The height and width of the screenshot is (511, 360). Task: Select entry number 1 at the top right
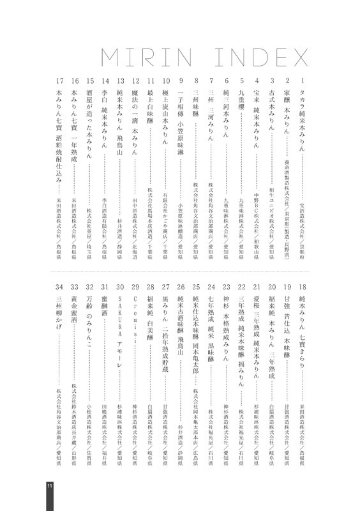point(302,81)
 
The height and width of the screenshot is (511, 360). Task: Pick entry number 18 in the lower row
point(302,287)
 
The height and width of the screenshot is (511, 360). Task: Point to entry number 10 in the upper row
point(165,81)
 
